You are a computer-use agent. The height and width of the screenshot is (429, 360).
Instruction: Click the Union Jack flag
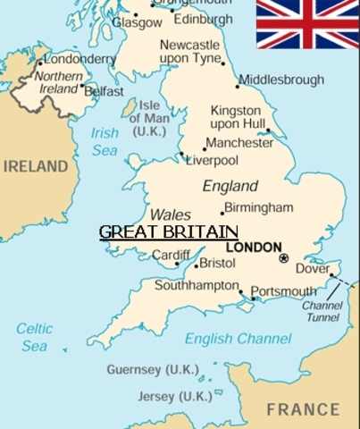point(307,23)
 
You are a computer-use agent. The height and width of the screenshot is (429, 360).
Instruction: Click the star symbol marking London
point(284,258)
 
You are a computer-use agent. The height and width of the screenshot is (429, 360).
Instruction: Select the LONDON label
point(255,247)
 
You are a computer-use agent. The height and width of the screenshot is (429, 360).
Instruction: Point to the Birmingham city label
point(258,207)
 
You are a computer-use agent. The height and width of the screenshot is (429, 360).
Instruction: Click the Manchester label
point(239,143)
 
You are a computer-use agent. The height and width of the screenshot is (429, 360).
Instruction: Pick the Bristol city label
point(217,264)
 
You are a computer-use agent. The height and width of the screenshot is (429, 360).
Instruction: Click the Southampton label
point(196,287)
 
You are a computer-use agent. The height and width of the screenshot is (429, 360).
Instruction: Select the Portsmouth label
point(283,291)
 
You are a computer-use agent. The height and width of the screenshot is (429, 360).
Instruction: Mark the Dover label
point(312,267)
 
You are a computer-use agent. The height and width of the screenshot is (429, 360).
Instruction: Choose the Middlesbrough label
point(281,80)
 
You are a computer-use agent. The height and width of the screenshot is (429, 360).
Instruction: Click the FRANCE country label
point(303,409)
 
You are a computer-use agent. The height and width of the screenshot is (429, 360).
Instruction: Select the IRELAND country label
point(35,166)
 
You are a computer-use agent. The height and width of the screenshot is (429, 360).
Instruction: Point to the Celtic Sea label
point(34,337)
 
